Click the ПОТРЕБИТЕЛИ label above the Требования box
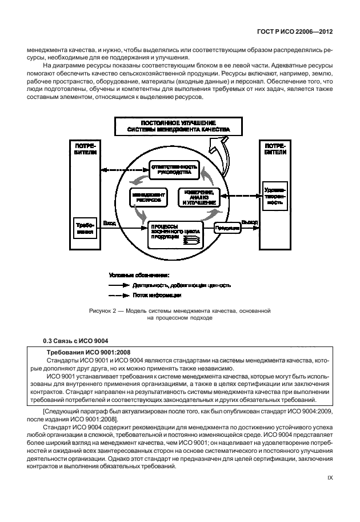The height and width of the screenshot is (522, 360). [x=85, y=150]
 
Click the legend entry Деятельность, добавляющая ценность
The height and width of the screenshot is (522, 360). [x=181, y=285]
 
